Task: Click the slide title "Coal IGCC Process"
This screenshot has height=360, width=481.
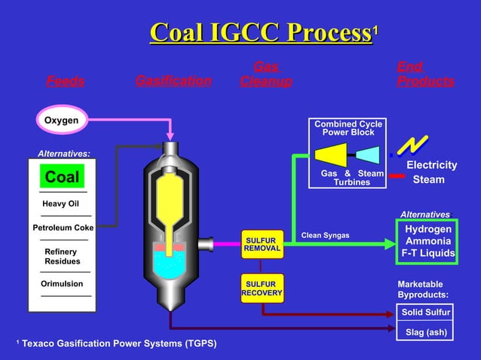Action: pos(261,33)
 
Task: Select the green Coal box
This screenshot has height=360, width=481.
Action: pos(61,177)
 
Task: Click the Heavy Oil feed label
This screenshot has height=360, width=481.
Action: pos(61,203)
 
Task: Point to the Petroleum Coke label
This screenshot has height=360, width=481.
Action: pos(63,227)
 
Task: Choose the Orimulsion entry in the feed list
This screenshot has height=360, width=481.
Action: pos(62,284)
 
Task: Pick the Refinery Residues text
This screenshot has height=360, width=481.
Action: pos(61,256)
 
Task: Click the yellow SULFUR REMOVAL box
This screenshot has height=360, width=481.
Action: pos(262,244)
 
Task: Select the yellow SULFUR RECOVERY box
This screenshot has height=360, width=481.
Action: pos(262,288)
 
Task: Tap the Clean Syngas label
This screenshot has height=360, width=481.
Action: pos(326,236)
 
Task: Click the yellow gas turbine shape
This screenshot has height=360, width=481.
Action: pos(331,155)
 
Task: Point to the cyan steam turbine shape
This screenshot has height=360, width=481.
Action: pos(367,155)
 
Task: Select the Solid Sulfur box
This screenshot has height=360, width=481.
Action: pos(425,312)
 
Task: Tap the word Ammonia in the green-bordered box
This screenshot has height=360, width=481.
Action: pos(427,241)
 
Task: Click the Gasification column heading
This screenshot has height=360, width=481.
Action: pos(173,81)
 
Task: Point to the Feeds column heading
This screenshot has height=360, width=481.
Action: pos(66,81)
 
